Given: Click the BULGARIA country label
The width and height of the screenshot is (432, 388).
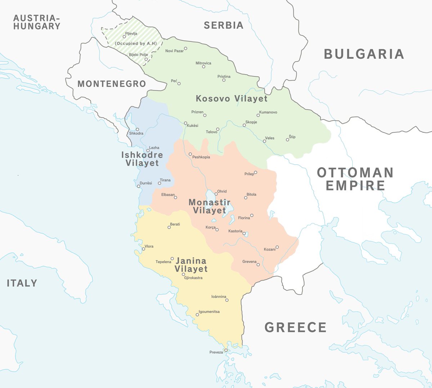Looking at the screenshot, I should tap(364, 54).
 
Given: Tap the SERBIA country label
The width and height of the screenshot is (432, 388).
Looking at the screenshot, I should tap(224, 25).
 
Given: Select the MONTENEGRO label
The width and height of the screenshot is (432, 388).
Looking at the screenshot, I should tap(112, 84).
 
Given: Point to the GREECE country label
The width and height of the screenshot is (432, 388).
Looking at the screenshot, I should tap(296, 328).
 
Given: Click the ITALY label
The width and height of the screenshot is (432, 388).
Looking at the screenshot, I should tap(22, 283).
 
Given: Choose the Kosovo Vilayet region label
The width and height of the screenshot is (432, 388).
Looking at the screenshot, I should tap(231, 99).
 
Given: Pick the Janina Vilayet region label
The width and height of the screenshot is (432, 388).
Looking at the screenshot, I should tap(191, 265).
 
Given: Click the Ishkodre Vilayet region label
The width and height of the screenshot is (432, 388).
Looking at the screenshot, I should tap(142, 159).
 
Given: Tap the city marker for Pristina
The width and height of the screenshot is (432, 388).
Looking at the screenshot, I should tap(224, 80).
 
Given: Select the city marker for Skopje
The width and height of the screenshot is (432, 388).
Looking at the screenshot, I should tap(244, 125).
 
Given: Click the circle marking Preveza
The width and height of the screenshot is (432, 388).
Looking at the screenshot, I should tap(226, 350).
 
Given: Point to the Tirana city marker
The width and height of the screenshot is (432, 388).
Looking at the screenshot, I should tap(159, 183).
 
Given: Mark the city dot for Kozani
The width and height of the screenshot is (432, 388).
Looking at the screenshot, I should tap(277, 247).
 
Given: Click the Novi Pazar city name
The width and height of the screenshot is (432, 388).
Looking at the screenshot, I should tap(174, 51).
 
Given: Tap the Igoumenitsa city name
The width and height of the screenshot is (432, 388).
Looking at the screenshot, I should tap(209, 312).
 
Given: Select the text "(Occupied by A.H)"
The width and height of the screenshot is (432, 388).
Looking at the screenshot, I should tap(136, 44).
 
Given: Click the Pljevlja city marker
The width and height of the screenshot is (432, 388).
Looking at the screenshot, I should tap(124, 37).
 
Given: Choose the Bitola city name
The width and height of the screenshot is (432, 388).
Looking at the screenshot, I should tap(251, 194).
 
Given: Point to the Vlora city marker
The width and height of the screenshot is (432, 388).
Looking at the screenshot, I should tap(143, 249).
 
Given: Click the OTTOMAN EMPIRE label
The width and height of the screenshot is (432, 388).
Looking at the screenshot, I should tap(355, 179).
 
